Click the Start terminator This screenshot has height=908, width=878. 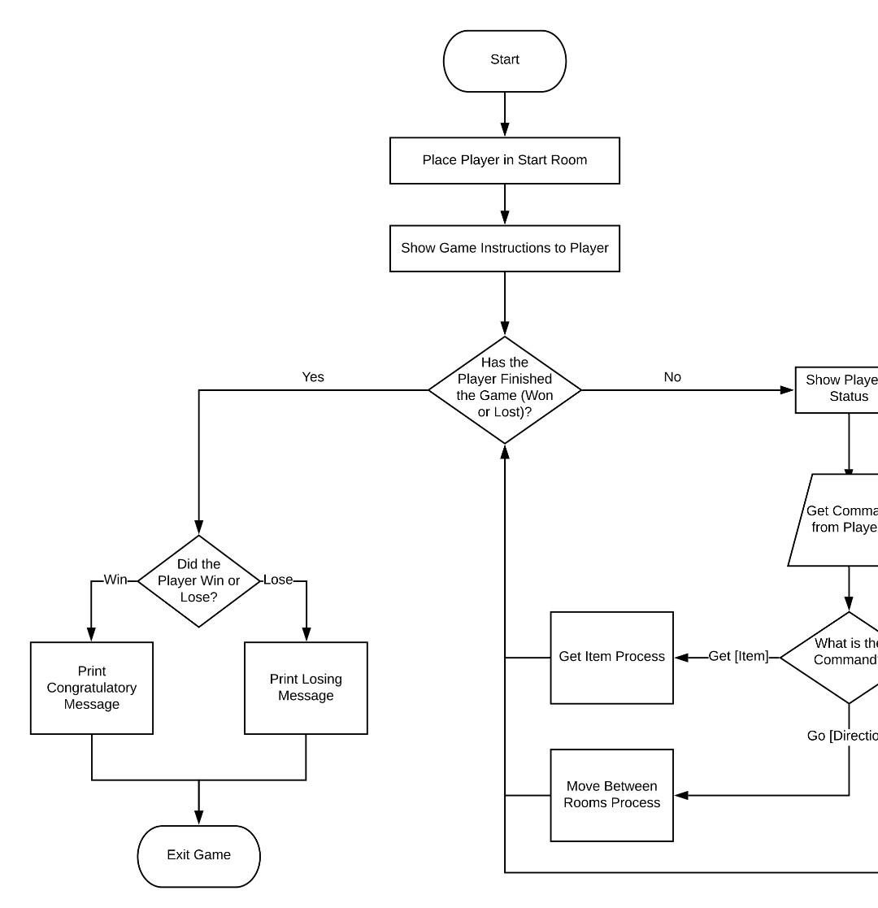coord(504,60)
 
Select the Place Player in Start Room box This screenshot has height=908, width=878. coord(504,160)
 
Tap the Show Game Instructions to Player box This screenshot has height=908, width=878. coord(504,248)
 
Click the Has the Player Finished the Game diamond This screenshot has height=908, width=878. coord(504,389)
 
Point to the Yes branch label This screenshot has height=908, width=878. coord(313,377)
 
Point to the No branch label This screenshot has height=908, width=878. coord(672,377)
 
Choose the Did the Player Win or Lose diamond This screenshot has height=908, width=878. coord(198,580)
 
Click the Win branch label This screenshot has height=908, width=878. coord(115,580)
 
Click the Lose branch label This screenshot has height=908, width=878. coord(278,580)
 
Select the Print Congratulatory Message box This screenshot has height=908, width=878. coord(92,688)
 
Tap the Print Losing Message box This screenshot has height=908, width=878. coord(306,688)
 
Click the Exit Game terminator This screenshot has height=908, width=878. coord(198,855)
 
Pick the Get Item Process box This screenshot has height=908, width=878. coord(611,657)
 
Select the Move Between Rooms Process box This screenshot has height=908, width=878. coord(611,795)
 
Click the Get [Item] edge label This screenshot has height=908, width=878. coord(738,656)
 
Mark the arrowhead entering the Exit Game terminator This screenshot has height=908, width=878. coord(198,819)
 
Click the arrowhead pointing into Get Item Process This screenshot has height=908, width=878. coord(681,657)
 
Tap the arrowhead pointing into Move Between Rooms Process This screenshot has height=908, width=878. coord(681,795)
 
